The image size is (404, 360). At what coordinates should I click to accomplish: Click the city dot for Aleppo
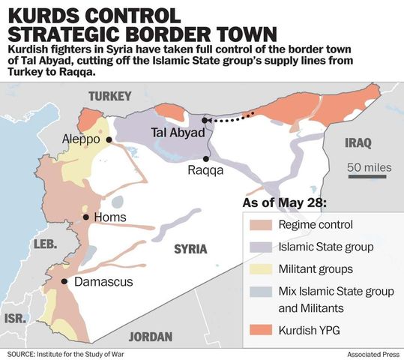[x=109, y=139]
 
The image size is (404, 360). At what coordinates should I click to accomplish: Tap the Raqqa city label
[x=205, y=171]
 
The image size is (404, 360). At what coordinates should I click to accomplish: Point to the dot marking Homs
[x=87, y=217]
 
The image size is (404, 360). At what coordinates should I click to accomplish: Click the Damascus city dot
[x=65, y=282]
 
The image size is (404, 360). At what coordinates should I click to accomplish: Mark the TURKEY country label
[x=109, y=96]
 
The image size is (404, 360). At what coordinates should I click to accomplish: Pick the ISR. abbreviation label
[x=15, y=318]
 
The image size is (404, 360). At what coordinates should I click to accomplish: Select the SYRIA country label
[x=190, y=249]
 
